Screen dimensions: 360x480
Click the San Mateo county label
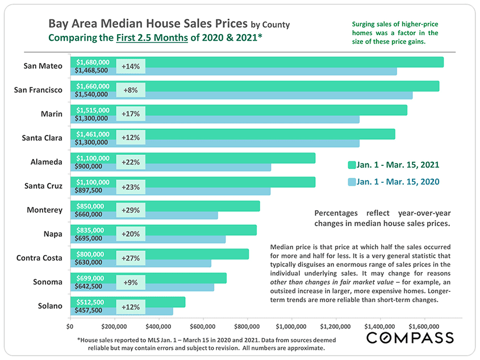pos(43,66)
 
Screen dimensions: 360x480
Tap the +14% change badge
pos(131,66)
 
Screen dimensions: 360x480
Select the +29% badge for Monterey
pos(131,210)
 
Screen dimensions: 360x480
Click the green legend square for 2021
pos(351,165)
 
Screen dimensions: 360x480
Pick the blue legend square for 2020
pos(351,182)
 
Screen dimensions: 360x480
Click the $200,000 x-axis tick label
pos(114,327)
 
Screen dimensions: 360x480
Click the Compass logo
pos(410,338)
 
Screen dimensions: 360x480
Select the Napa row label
pos(52,234)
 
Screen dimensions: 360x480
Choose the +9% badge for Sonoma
pos(131,282)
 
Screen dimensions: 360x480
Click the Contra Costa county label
pos(40,258)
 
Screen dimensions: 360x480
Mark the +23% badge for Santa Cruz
pos(131,186)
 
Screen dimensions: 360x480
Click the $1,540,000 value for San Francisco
pos(91,94)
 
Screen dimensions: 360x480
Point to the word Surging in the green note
pos(366,24)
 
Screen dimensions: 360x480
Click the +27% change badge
pos(131,258)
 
